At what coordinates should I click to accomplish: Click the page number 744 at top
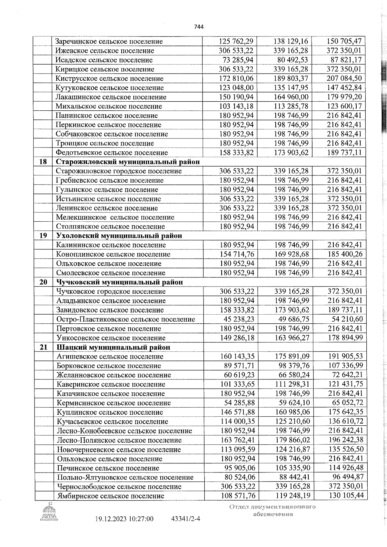click(x=199, y=27)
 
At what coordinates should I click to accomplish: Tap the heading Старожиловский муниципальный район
click(x=128, y=162)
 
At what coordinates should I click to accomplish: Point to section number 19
click(x=43, y=236)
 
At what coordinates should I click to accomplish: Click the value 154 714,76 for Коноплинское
click(x=237, y=254)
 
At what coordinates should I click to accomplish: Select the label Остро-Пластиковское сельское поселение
click(x=126, y=319)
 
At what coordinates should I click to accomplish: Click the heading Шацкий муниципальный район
click(x=114, y=347)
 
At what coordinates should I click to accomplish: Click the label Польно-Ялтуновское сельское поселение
click(x=125, y=477)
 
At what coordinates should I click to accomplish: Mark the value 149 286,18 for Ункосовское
click(x=237, y=338)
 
